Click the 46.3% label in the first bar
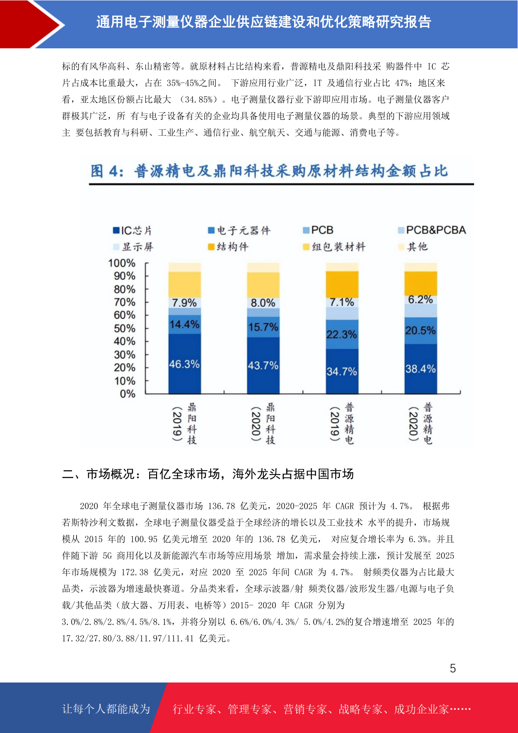coord(184,364)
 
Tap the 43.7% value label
coord(263,365)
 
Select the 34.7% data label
coord(342,371)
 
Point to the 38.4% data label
coord(421,369)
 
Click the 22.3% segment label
coord(342,334)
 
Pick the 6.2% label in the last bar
coord(421,299)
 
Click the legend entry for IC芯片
coord(133,230)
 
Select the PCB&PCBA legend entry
coord(432,230)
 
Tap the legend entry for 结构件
coord(228,246)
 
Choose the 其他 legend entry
coord(413,246)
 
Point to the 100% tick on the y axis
coord(122,263)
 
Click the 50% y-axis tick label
coord(124,328)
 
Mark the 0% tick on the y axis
coord(127,393)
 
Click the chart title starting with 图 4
coord(269,171)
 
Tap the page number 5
coord(453,668)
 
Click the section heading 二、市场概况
coord(207,474)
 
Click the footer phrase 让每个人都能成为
coord(106,709)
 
